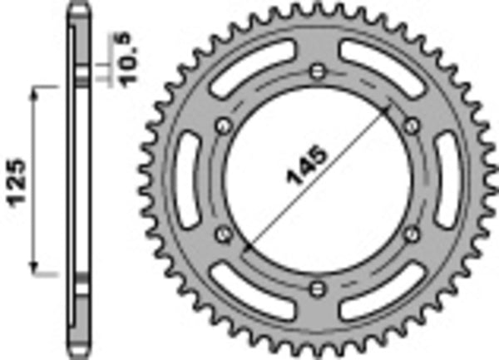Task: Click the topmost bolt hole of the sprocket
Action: (x=316, y=70)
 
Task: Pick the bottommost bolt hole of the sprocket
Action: (x=316, y=288)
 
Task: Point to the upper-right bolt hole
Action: (x=411, y=125)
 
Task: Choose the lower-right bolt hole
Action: (x=411, y=234)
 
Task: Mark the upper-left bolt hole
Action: (x=222, y=125)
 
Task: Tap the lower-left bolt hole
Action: (x=222, y=234)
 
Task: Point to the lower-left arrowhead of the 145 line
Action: (x=247, y=248)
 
